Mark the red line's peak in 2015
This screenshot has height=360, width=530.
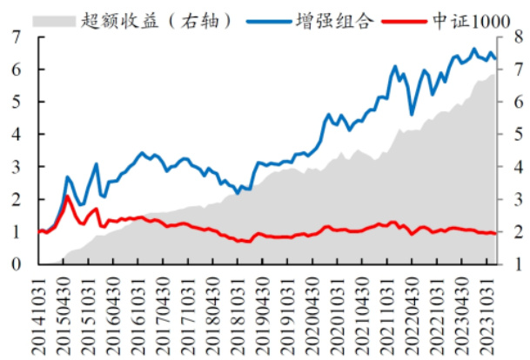(67, 197)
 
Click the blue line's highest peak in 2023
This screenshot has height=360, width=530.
(474, 50)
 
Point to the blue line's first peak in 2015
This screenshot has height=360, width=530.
(67, 177)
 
